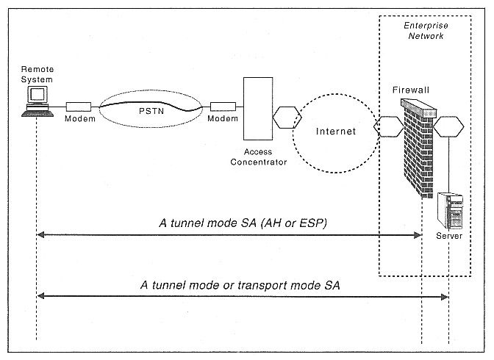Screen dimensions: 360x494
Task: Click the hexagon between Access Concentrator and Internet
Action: (284, 116)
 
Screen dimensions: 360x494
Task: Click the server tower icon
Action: (450, 212)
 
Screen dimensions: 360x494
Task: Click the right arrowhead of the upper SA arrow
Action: (418, 235)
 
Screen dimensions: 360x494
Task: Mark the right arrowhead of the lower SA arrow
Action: (445, 296)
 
